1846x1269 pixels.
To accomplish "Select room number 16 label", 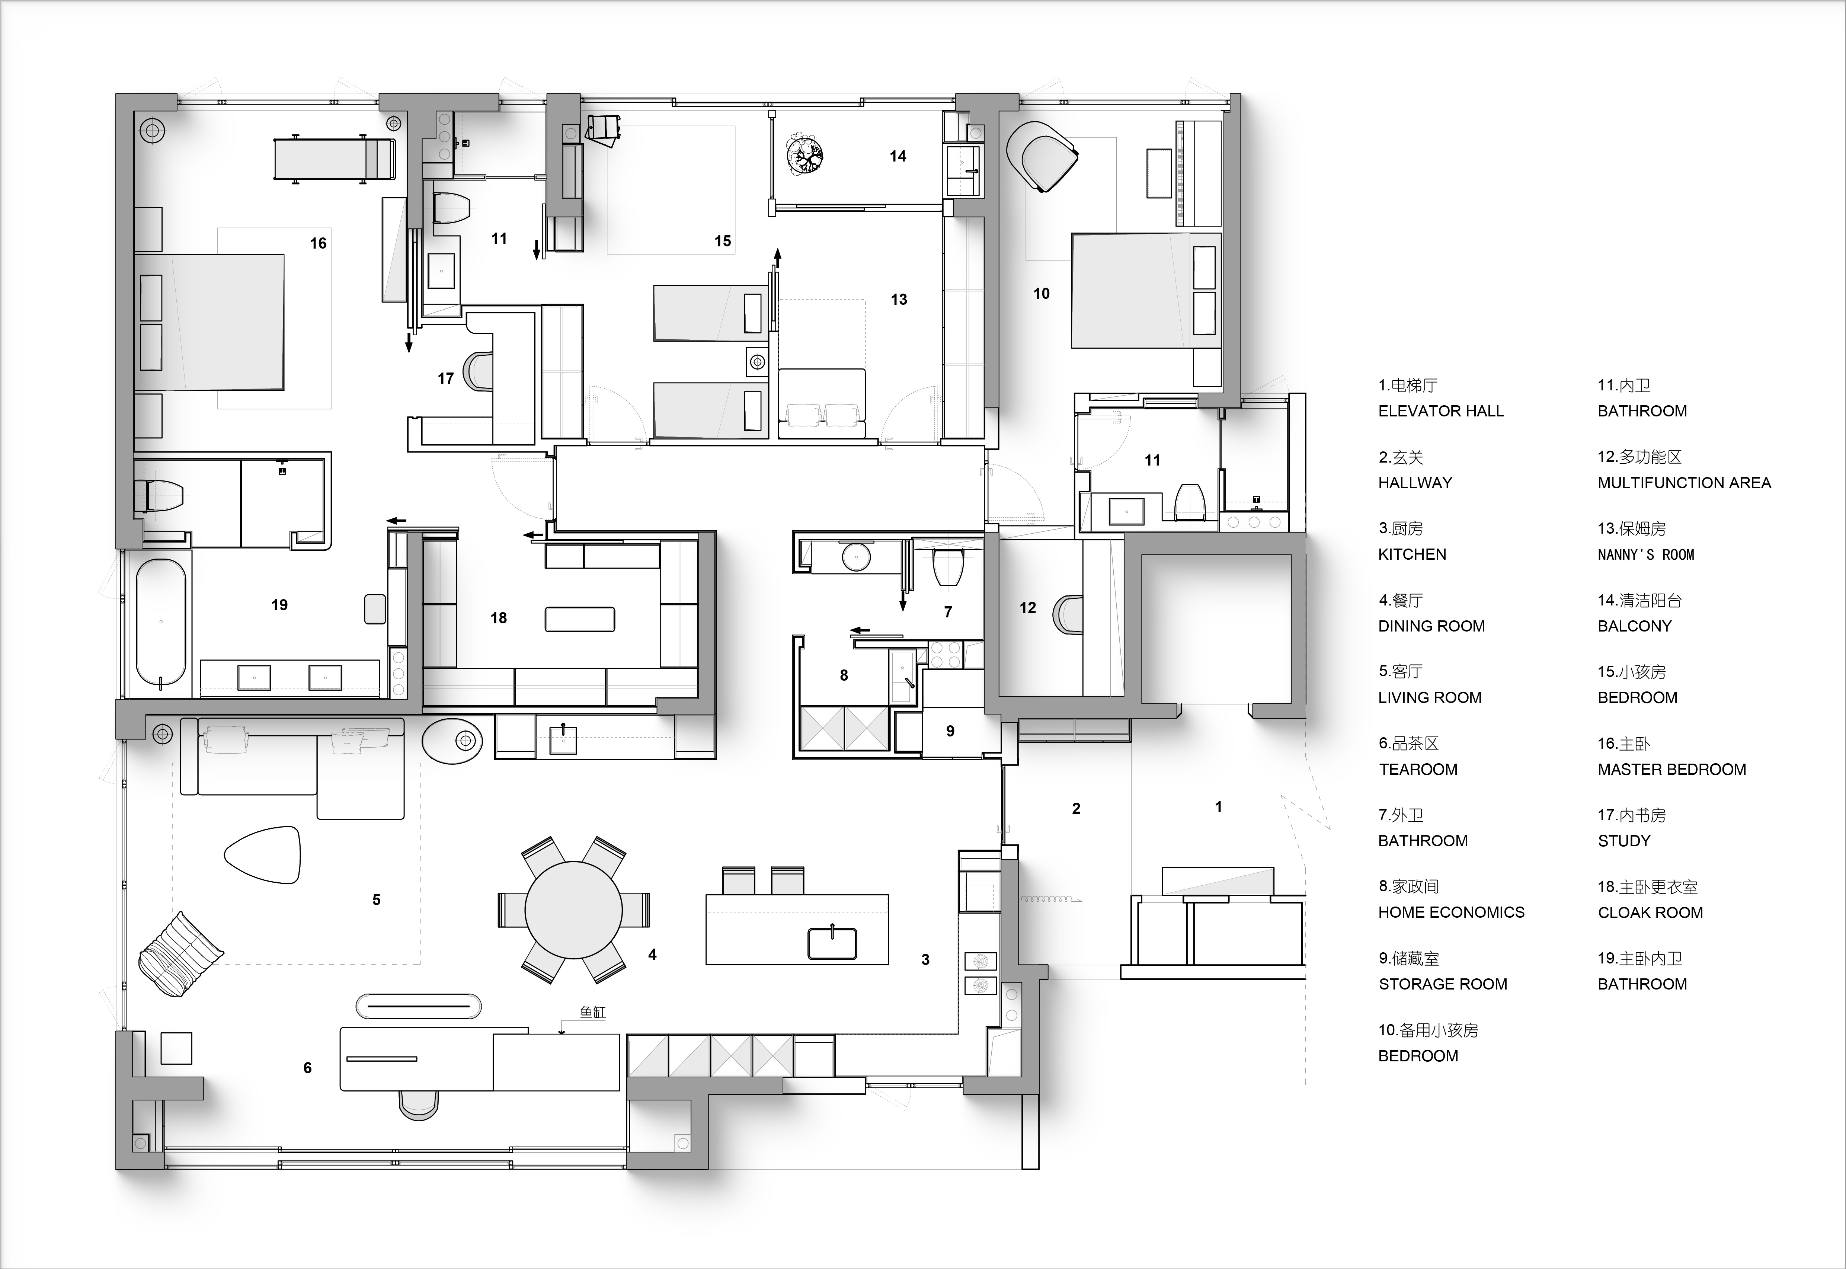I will pos(318,243).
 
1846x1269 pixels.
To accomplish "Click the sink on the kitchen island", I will pos(832,943).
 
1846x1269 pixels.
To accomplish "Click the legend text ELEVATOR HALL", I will pos(1440,411).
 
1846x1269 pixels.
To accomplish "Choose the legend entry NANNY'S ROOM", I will pos(1646,554).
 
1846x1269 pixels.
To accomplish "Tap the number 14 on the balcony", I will pos(898,157).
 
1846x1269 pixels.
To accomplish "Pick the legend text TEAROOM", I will pos(1417,769).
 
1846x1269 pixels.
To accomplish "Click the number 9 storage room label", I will pos(950,731).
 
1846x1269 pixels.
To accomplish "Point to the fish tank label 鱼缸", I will pos(592,1012).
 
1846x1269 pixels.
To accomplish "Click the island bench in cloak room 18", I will pos(580,619).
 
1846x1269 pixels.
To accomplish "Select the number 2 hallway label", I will pos(1076,809).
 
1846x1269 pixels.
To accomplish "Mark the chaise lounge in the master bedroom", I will pos(334,159).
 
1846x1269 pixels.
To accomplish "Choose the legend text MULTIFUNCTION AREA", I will pos(1684,483).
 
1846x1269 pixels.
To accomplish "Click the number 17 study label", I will pos(446,378).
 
